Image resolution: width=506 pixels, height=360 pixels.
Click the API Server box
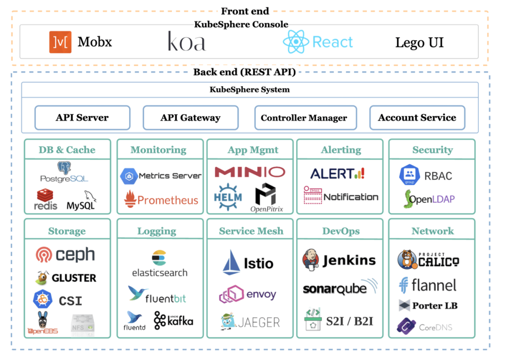[x=82, y=118]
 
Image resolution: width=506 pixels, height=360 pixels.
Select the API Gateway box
[x=190, y=118]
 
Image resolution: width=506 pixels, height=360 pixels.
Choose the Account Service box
[x=417, y=118]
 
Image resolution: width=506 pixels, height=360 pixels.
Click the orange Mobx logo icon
[x=60, y=42]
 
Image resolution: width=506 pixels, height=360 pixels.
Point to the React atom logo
[x=296, y=42]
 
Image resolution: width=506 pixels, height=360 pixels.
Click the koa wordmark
[x=186, y=42]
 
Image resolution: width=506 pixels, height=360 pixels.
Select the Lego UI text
[x=419, y=43]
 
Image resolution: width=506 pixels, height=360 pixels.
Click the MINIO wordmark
[x=250, y=172]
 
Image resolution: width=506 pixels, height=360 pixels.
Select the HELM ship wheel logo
[x=228, y=196]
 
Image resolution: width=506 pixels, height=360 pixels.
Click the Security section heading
[x=432, y=150]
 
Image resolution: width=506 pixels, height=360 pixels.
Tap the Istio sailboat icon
[x=231, y=262]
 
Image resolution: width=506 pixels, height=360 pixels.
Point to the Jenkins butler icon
[x=311, y=260]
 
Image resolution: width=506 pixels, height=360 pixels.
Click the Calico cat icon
[x=407, y=260]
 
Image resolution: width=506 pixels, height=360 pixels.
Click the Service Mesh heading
[x=251, y=231]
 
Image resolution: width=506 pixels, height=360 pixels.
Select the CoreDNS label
[x=436, y=327]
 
